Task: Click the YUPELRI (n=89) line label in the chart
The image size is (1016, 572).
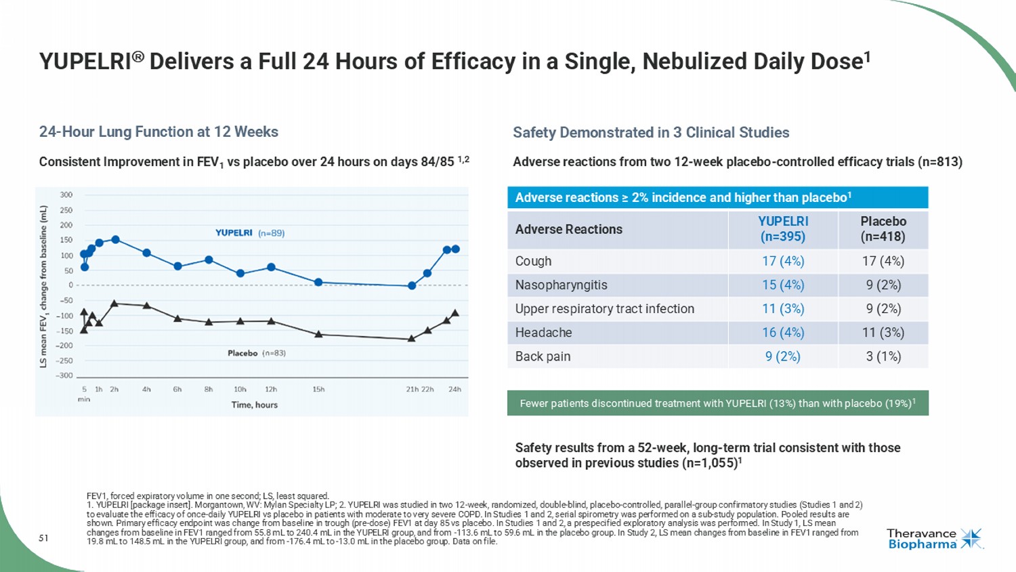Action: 249,233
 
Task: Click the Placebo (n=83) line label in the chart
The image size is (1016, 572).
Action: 256,353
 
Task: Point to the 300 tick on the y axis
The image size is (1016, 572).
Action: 66,195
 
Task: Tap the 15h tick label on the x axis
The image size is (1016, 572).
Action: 318,390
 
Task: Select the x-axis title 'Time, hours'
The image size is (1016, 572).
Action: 254,405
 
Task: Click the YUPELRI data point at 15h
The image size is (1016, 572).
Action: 318,282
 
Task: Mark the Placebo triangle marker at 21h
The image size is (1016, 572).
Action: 411,338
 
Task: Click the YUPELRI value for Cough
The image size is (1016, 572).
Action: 782,262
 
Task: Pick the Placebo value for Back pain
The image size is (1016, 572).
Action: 883,356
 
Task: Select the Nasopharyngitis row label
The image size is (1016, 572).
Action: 561,285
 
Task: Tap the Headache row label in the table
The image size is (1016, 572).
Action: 543,333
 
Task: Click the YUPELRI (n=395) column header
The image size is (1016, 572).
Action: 783,229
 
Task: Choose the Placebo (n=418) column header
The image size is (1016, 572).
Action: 883,229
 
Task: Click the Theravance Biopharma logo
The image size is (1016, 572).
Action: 934,539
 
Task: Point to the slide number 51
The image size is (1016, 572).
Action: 43,538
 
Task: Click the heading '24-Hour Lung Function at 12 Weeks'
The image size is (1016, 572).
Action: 158,132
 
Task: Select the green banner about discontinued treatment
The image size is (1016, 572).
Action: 717,403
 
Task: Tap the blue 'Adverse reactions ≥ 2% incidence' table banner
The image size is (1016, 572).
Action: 717,198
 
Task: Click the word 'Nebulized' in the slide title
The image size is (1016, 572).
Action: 692,62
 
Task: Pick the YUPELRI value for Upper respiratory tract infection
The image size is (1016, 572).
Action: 782,309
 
